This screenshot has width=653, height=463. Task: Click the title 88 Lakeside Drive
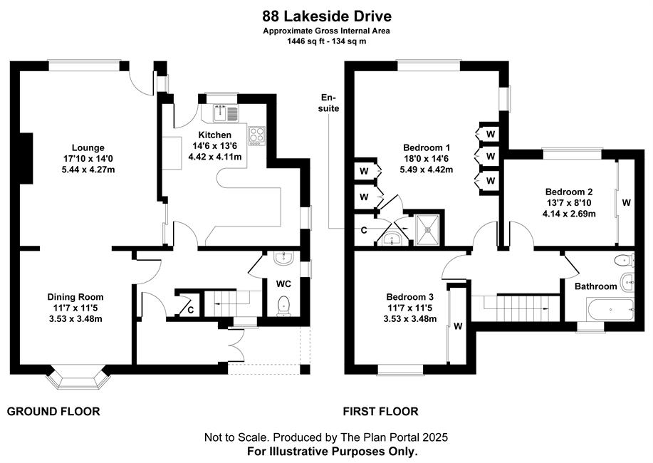327,16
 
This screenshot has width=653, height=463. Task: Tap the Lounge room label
88,147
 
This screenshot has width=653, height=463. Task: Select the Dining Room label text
75,297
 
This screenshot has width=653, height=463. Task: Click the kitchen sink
226,113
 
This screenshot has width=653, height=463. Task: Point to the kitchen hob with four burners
256,135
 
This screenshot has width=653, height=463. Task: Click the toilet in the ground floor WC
284,304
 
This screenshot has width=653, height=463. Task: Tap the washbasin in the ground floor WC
284,258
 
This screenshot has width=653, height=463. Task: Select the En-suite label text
330,103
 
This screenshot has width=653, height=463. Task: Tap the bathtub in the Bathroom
610,310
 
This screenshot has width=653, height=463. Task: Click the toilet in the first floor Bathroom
623,260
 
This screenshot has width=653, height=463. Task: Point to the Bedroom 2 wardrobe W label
627,202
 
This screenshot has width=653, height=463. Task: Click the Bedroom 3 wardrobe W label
458,326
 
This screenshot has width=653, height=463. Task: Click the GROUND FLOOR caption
53,412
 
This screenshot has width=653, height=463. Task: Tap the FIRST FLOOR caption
381,412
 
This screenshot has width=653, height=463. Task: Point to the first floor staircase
516,308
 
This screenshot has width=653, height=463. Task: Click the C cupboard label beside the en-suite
364,231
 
